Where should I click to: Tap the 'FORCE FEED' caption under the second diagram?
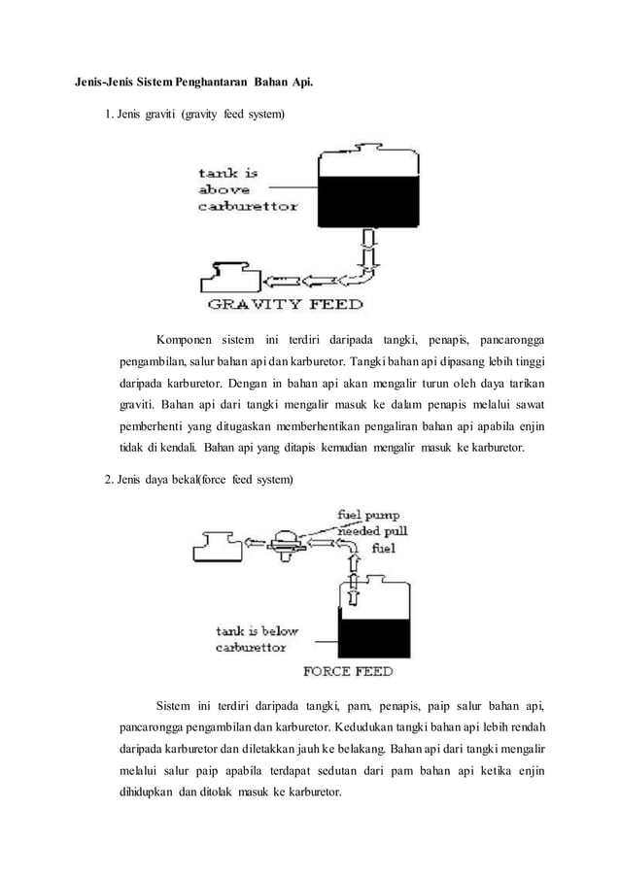click(349, 671)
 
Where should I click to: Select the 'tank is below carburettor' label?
click(257, 638)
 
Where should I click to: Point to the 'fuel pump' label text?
click(367, 515)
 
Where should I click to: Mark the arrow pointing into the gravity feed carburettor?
click(278, 282)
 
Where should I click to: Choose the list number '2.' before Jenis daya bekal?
click(110, 479)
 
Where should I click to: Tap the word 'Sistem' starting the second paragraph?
click(172, 704)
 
